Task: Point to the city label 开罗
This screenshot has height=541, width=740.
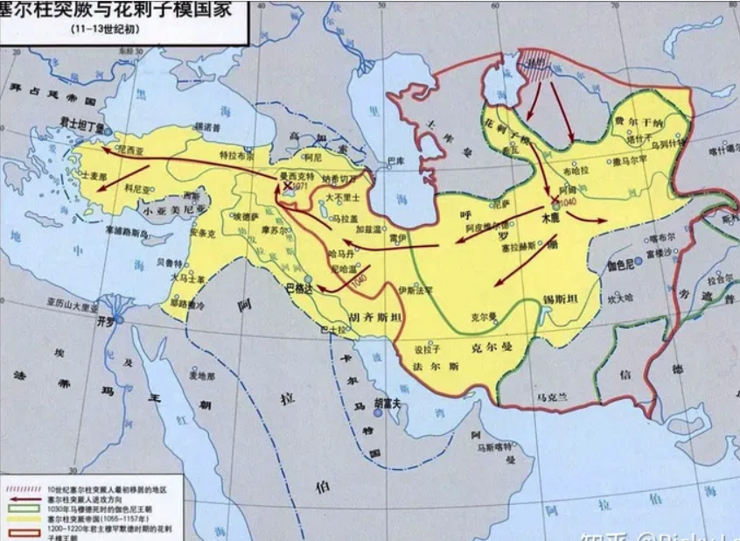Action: click(105, 320)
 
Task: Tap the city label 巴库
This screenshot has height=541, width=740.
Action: click(395, 162)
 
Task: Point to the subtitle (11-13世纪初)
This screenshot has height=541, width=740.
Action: click(105, 28)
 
